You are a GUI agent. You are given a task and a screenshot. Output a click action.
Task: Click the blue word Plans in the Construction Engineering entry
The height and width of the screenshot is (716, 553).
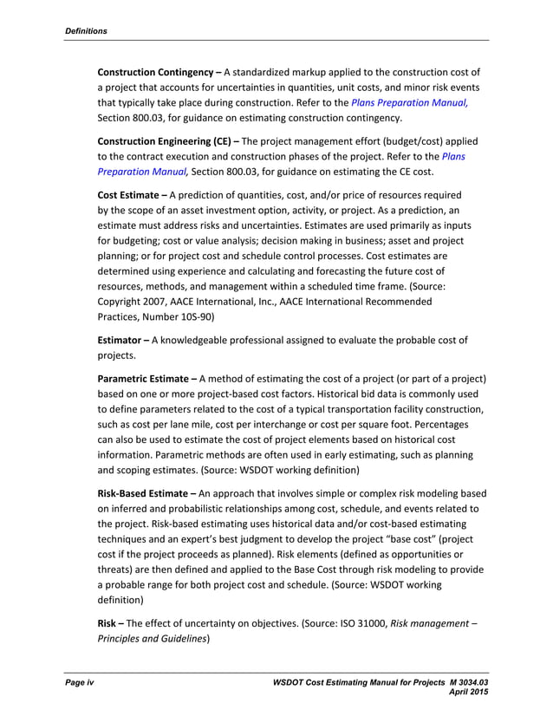click(x=454, y=156)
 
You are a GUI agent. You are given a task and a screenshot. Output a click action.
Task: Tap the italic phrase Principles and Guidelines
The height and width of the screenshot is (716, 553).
click(x=153, y=637)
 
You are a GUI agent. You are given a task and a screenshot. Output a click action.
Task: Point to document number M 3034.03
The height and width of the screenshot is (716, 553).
click(x=452, y=685)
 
